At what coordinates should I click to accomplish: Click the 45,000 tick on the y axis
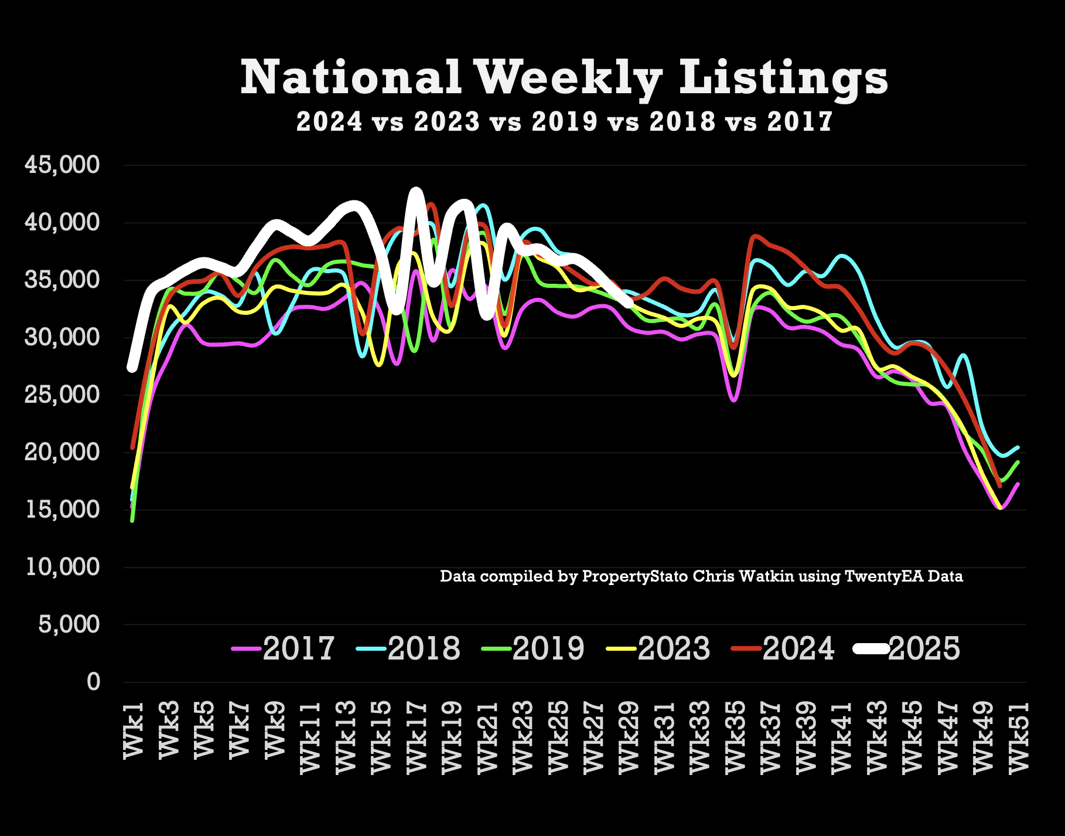[62, 165]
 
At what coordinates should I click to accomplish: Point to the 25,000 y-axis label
[62, 395]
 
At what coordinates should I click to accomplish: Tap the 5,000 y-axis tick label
[69, 624]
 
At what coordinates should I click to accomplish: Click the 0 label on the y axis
[93, 682]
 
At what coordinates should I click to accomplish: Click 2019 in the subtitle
[565, 122]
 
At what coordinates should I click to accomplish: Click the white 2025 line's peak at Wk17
[416, 192]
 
